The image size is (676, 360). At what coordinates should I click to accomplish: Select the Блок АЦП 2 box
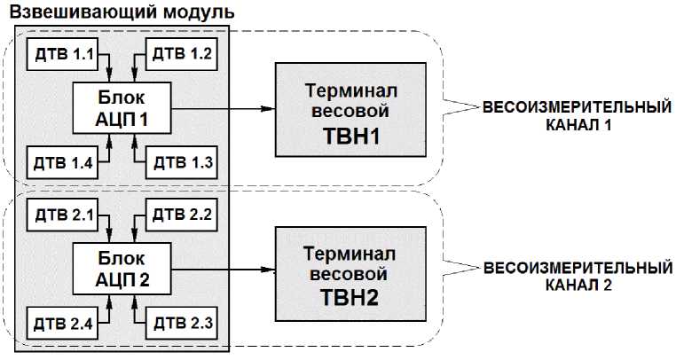click(121, 269)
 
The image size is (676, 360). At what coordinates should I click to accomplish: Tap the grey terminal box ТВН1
click(348, 111)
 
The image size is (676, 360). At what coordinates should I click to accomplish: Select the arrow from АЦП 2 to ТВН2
click(222, 269)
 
